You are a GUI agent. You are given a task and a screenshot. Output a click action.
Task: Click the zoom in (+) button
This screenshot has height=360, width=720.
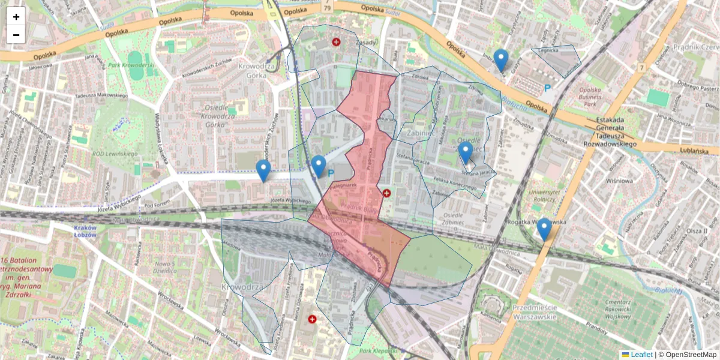pyautogui.click(x=16, y=17)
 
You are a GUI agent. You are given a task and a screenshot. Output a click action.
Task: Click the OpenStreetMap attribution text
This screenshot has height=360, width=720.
pyautogui.click(x=691, y=355)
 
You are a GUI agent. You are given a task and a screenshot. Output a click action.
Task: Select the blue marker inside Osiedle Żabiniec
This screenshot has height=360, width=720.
pyautogui.click(x=466, y=152)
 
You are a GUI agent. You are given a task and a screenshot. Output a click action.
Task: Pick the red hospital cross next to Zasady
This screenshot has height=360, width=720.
pyautogui.click(x=336, y=42)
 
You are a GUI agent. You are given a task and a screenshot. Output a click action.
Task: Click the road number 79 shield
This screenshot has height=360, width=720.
pyautogui.click(x=327, y=8)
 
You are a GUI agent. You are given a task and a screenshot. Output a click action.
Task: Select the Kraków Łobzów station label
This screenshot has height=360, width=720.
pyautogui.click(x=85, y=231)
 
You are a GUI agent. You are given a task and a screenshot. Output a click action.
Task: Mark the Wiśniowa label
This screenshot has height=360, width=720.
pyautogui.click(x=619, y=180)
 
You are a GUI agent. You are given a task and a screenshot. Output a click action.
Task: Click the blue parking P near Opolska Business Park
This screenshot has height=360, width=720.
pyautogui.click(x=547, y=88)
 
